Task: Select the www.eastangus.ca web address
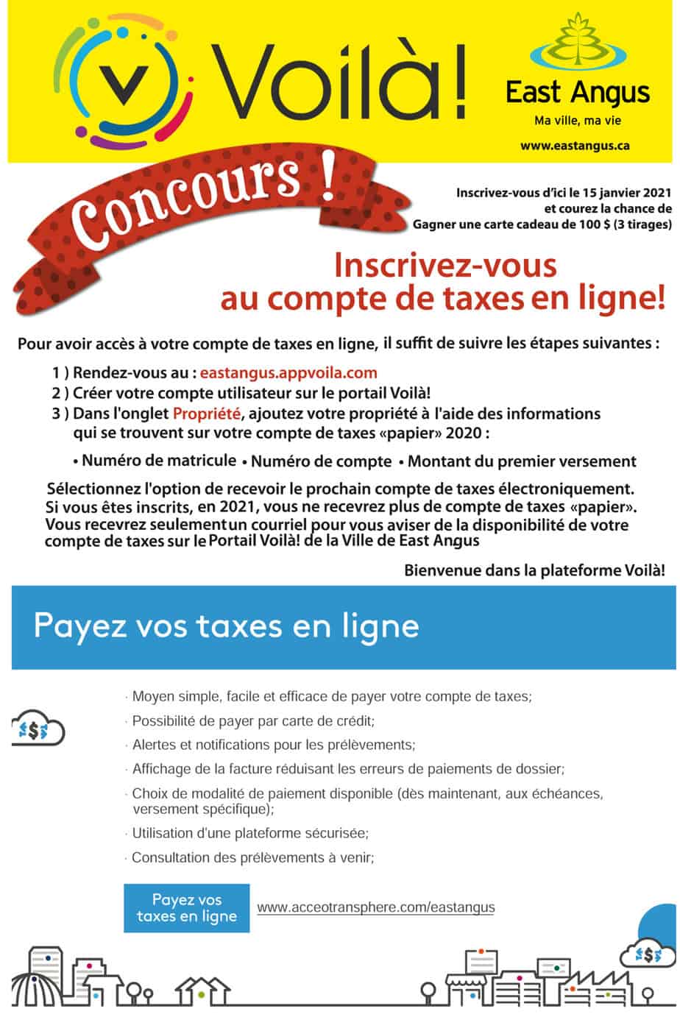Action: point(575,146)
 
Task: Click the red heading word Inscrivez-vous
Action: point(445,266)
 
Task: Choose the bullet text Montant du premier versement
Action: point(521,462)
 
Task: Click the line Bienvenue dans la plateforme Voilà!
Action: point(536,570)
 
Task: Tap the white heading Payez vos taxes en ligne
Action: point(227,626)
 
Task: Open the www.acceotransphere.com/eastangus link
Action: point(375,907)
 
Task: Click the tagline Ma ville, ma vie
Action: point(577,121)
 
